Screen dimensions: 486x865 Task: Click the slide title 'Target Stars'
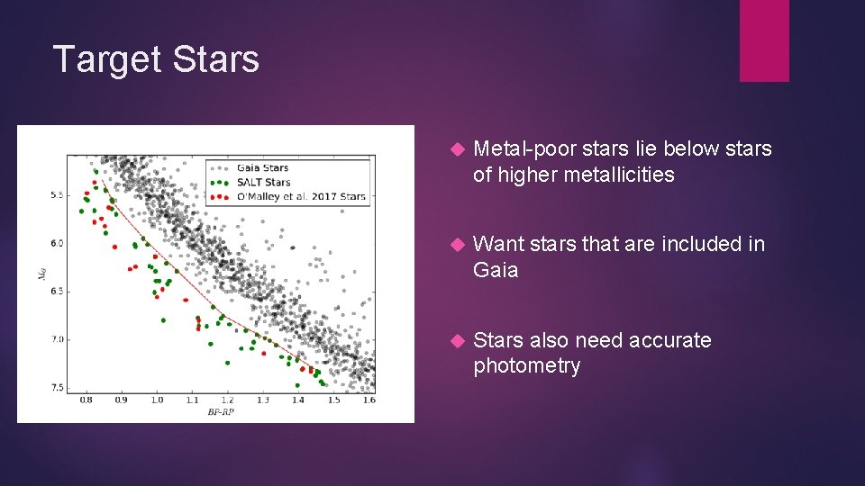click(156, 59)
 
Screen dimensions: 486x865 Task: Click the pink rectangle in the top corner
click(764, 40)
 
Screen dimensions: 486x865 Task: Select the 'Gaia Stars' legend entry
click(262, 167)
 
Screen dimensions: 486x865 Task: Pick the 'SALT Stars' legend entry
click(264, 182)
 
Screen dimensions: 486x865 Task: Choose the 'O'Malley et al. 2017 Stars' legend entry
click(301, 196)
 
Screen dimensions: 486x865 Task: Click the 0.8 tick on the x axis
click(86, 400)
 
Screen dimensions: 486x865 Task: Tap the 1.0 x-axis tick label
click(157, 400)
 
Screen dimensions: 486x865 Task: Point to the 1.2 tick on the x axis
click(227, 400)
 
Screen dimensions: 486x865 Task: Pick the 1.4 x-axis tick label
click(298, 400)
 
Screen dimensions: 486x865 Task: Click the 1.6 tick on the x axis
click(368, 400)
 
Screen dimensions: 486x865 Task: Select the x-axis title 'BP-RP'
click(222, 411)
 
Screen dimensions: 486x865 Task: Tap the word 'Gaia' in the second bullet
click(496, 270)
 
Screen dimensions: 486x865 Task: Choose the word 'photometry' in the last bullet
click(526, 366)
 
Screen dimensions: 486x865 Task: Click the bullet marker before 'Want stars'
click(456, 245)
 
